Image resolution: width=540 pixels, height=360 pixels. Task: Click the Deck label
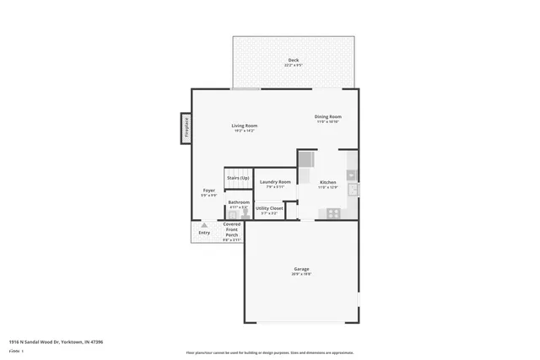pos(293,60)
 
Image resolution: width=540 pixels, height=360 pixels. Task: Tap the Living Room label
pos(245,126)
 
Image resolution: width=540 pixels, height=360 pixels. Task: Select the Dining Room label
pos(328,117)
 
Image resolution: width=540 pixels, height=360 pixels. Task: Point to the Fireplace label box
pos(186,128)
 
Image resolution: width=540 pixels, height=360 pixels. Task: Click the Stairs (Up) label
pos(238,178)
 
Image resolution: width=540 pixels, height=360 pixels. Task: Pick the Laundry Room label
pos(275,182)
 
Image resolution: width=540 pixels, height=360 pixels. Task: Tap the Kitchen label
pos(327,182)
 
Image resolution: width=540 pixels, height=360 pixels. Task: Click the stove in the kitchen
pos(333,212)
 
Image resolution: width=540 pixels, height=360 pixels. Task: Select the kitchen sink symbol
pos(353,190)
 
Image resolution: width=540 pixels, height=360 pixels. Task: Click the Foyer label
pos(208,191)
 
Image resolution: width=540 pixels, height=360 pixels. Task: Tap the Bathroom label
pos(238,202)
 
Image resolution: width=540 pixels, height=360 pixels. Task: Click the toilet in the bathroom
pos(246,214)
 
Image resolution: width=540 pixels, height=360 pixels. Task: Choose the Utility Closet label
pos(269,207)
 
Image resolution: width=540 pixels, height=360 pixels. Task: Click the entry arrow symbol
pos(204,224)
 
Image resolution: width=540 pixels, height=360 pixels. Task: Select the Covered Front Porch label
pos(232,228)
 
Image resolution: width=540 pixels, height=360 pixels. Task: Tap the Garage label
pos(301,269)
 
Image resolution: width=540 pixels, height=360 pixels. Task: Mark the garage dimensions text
pos(301,275)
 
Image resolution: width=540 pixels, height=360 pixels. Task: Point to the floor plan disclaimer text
pos(269,353)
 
